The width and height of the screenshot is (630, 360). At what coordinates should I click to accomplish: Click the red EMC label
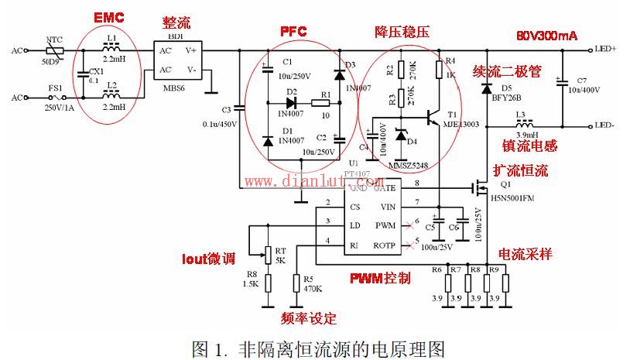[x=108, y=17]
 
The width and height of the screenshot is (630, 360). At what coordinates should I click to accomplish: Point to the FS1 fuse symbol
[x=54, y=98]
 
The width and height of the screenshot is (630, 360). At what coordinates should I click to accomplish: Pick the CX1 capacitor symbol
[x=81, y=74]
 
